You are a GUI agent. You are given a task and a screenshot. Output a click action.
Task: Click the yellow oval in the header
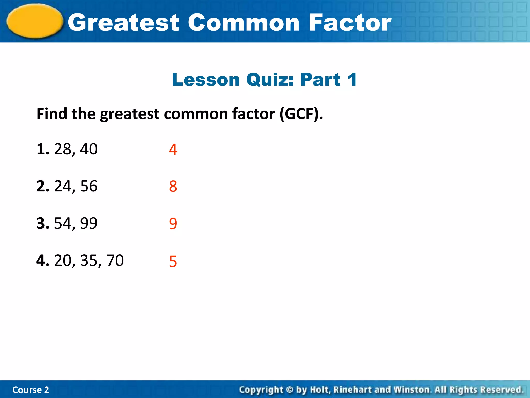point(35,21)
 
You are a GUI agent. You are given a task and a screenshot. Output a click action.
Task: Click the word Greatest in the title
point(123,23)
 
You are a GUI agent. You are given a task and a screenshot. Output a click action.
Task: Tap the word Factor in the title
point(350,23)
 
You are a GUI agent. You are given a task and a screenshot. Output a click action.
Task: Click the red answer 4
point(173,150)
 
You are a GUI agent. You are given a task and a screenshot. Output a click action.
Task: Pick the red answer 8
point(173,187)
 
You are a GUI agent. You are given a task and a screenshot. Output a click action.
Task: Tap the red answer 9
point(173,224)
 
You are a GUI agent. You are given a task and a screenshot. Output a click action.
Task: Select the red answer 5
point(173,261)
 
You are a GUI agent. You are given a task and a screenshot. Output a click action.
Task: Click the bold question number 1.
point(42,149)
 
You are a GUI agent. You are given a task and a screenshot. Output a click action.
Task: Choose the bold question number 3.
point(42,223)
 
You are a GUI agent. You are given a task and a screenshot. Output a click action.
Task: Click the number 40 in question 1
point(89,149)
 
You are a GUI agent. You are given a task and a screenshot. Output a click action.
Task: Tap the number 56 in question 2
point(89,186)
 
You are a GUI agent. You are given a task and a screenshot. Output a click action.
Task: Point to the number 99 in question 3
point(89,223)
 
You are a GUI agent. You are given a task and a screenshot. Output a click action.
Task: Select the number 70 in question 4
point(115,260)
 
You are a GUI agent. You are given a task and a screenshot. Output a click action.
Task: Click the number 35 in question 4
point(89,260)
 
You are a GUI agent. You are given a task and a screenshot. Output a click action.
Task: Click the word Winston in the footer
point(412,390)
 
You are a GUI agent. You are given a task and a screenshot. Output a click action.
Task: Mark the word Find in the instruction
point(52,114)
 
